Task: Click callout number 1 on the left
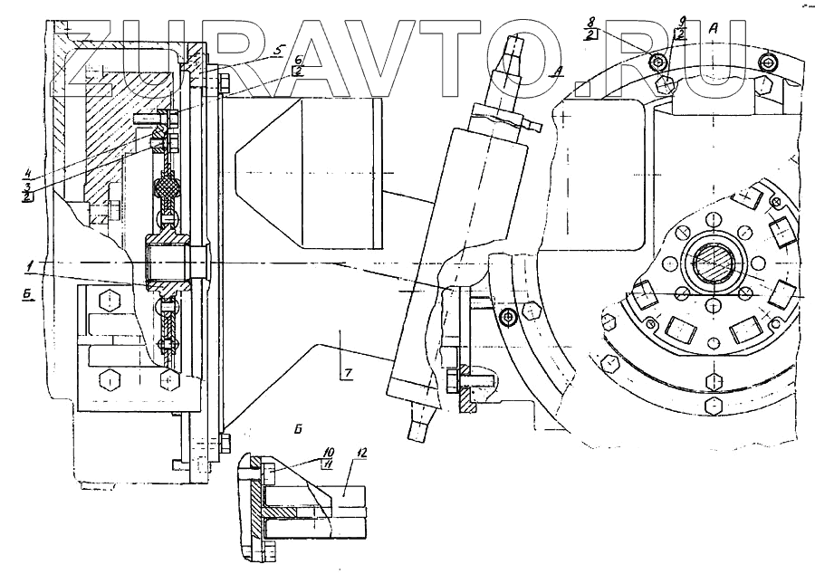29,263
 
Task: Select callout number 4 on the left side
29,169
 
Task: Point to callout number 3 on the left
29,183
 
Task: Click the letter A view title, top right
714,28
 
